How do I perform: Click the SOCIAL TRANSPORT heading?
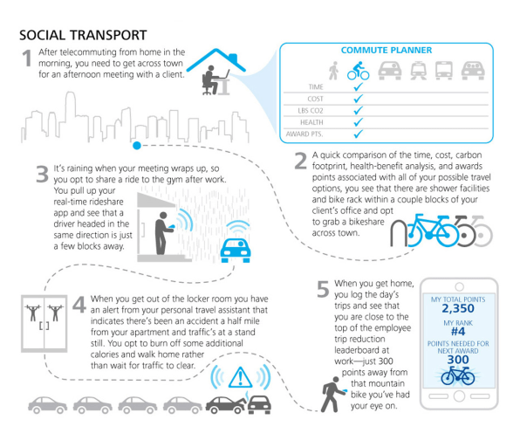tap(83, 35)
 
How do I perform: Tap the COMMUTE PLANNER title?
tap(387, 50)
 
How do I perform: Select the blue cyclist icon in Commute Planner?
tap(359, 71)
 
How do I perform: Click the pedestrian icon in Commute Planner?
tap(333, 71)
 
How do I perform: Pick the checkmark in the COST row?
tap(359, 99)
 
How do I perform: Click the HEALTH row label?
tap(311, 122)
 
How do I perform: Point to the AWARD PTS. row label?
tap(304, 134)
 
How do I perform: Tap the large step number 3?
tap(42, 175)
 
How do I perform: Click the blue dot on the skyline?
tap(137, 145)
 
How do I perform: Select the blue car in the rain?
tap(236, 251)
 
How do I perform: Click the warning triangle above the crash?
tap(241, 377)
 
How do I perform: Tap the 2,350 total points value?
tap(458, 308)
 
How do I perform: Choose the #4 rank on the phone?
tap(458, 331)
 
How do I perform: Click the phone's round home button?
tap(459, 395)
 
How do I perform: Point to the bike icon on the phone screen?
tap(458, 376)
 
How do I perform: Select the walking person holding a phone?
tap(332, 395)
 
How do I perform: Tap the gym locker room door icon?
tap(44, 323)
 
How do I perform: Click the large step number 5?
tap(323, 289)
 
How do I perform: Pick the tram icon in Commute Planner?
tap(419, 71)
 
